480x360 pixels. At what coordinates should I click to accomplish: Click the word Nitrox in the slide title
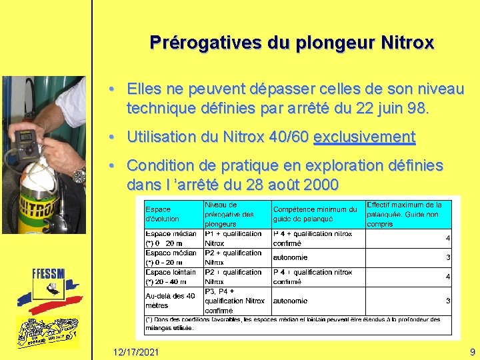click(x=407, y=43)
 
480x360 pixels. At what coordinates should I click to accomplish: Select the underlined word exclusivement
click(x=364, y=137)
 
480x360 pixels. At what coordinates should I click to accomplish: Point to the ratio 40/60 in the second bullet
click(x=287, y=137)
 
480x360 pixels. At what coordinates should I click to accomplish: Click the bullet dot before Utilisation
click(x=115, y=137)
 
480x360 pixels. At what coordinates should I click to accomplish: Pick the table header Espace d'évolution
click(x=163, y=214)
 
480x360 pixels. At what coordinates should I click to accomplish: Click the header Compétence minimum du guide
click(x=315, y=214)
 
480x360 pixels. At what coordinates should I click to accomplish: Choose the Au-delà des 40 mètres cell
click(x=171, y=301)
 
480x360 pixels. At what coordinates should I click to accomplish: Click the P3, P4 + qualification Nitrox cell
click(x=234, y=301)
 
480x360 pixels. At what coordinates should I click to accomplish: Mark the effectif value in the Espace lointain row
click(x=448, y=277)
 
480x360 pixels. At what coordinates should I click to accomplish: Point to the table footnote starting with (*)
click(x=293, y=323)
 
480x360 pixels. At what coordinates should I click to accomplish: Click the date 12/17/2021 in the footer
click(x=136, y=351)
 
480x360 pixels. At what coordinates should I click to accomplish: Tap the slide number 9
click(x=472, y=351)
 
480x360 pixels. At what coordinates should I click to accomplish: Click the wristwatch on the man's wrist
click(x=79, y=175)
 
